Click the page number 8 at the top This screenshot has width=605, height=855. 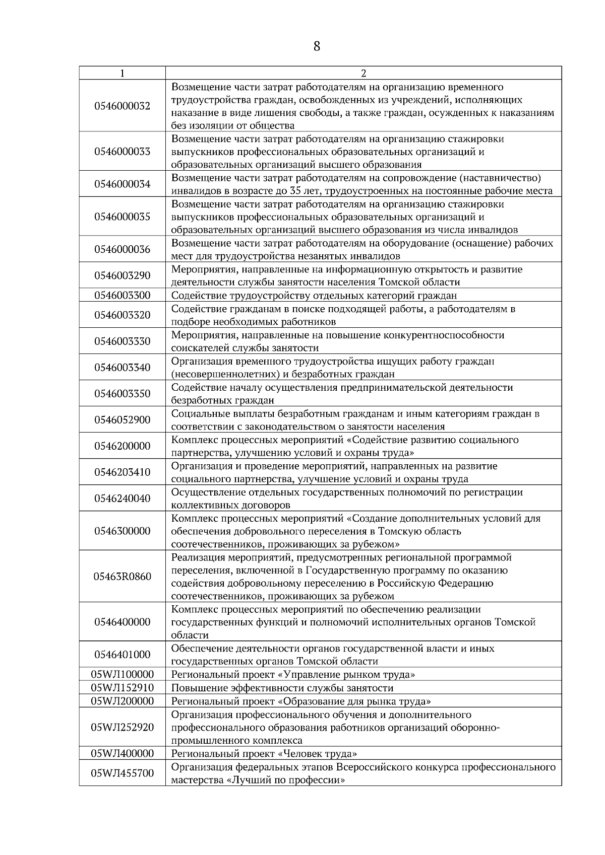coord(317,46)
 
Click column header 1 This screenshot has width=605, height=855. coord(122,73)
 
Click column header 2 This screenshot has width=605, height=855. coord(364,73)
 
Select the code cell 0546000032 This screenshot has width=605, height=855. coord(122,106)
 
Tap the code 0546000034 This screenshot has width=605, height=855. coord(122,184)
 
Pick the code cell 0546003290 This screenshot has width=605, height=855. coord(122,276)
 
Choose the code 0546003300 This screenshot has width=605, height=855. coord(122,296)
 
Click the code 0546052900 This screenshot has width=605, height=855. coord(122,420)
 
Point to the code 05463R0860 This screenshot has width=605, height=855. coord(122,577)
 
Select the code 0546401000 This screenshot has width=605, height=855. coord(122,655)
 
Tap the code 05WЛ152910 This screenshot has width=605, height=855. coord(122,688)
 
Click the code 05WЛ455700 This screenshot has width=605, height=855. coord(122,773)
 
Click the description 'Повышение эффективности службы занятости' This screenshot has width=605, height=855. coord(282,688)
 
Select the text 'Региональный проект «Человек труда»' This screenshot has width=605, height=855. coord(264,754)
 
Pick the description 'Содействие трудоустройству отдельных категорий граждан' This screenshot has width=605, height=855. coord(314,296)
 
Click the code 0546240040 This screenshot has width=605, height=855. coord(122,498)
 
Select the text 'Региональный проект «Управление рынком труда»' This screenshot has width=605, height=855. coord(293,675)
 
